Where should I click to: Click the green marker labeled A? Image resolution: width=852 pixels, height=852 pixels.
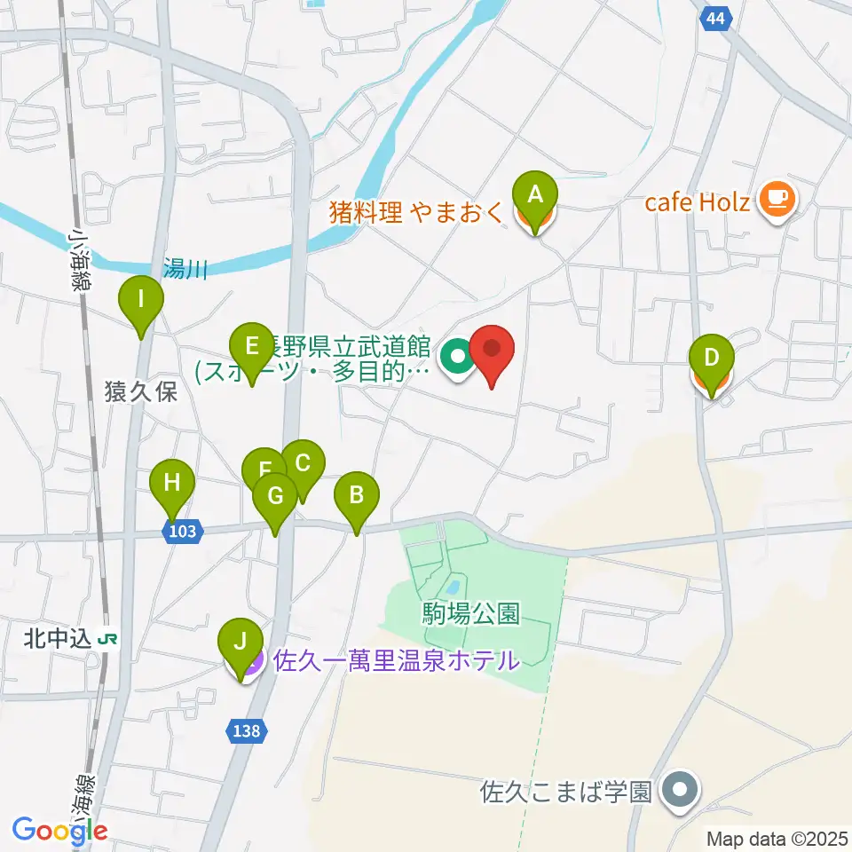534,194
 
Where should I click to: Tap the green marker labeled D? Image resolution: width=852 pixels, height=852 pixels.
711,359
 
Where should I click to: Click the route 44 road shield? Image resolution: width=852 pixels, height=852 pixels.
715,18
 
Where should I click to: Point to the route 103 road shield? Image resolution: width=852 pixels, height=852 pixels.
183,531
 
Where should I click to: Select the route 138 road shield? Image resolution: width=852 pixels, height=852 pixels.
248,730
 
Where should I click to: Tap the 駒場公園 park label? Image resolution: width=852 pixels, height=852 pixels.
470,611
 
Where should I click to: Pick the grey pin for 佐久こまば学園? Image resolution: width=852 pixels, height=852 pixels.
682,788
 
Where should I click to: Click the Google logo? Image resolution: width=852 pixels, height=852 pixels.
60,831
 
